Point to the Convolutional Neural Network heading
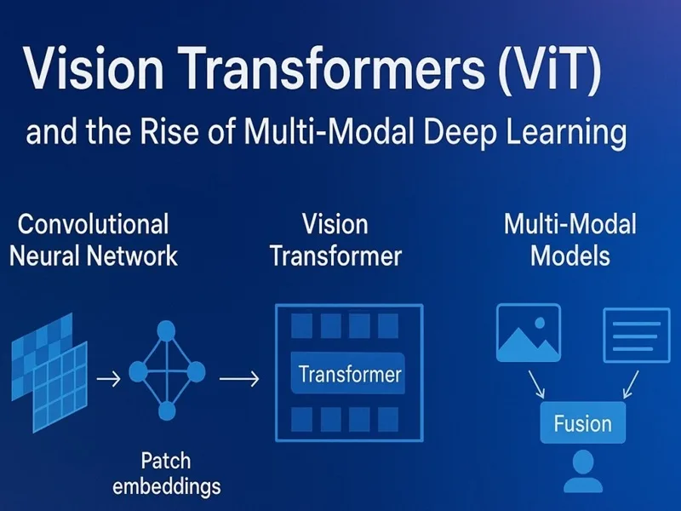[x=94, y=240]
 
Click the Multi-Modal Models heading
[x=570, y=240]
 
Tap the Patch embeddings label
[x=166, y=474]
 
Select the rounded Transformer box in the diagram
[x=348, y=374]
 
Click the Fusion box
[x=583, y=422]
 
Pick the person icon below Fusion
[x=583, y=472]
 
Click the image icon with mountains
[x=529, y=333]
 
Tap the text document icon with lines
[x=637, y=336]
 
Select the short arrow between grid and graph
[x=109, y=379]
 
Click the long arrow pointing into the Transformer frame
[x=239, y=379]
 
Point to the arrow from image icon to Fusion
[x=537, y=385]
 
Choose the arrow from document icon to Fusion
[x=631, y=385]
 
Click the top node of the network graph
[x=166, y=331]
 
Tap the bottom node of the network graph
[x=166, y=411]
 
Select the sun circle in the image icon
[x=540, y=323]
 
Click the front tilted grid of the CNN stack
[x=60, y=387]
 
